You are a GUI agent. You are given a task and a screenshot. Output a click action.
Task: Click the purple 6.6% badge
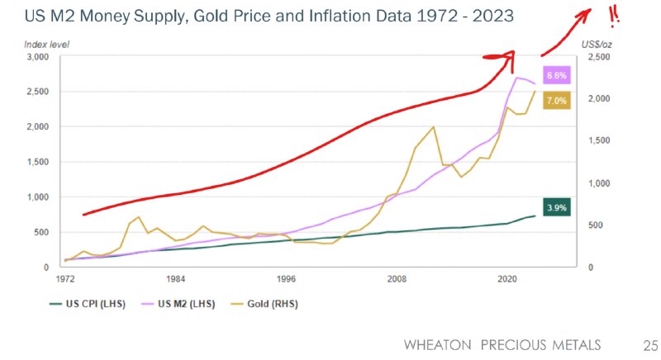555,75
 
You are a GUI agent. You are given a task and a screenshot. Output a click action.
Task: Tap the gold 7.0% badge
555,101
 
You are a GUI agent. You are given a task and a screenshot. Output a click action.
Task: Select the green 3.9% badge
555,208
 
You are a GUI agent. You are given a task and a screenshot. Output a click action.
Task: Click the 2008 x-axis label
397,280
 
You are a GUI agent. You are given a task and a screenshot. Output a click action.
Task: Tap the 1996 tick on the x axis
286,280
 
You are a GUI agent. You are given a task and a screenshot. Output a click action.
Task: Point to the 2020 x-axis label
508,280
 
